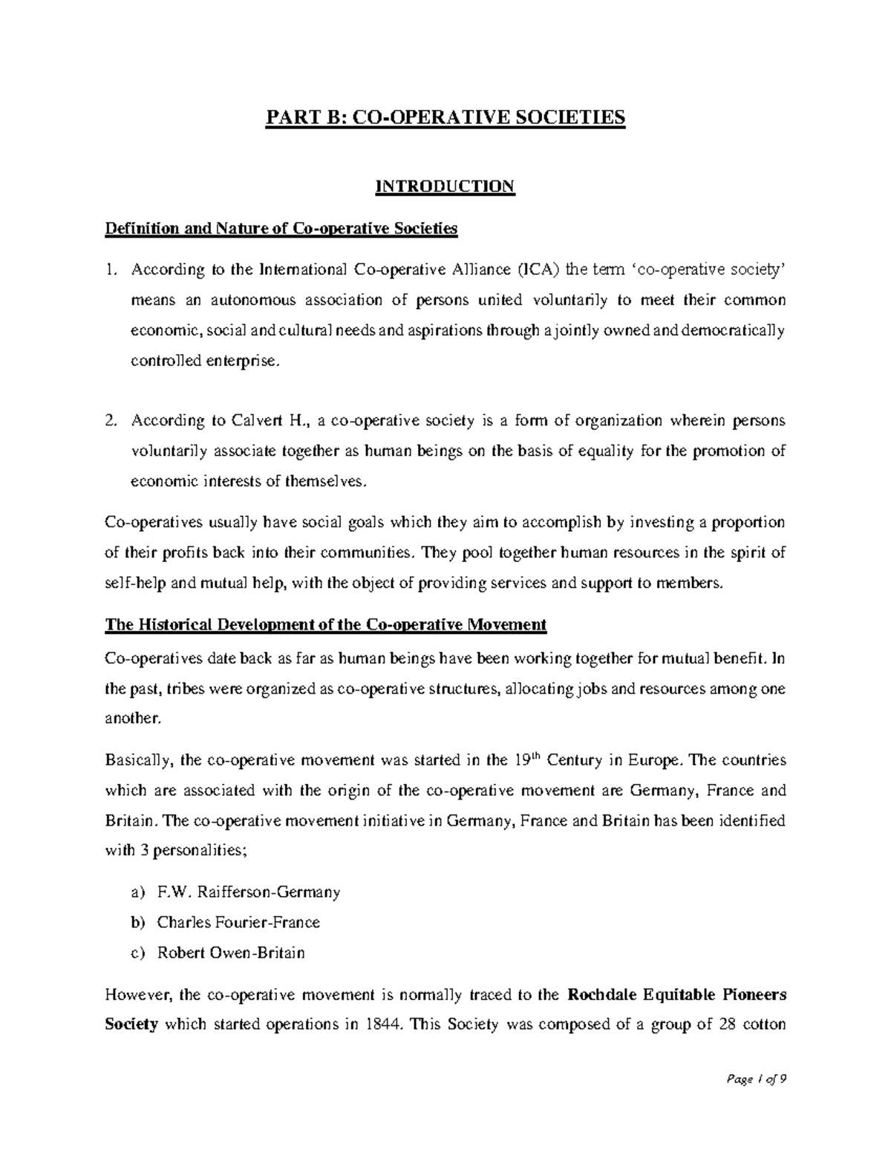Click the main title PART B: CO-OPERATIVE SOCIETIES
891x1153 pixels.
445,118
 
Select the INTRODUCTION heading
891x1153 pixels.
445,186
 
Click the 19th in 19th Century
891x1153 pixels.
523,760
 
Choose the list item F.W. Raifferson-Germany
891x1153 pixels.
248,892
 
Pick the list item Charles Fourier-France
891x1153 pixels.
238,923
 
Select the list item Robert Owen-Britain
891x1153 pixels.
230,953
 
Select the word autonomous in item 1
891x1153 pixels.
252,300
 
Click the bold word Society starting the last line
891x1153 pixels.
131,1025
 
